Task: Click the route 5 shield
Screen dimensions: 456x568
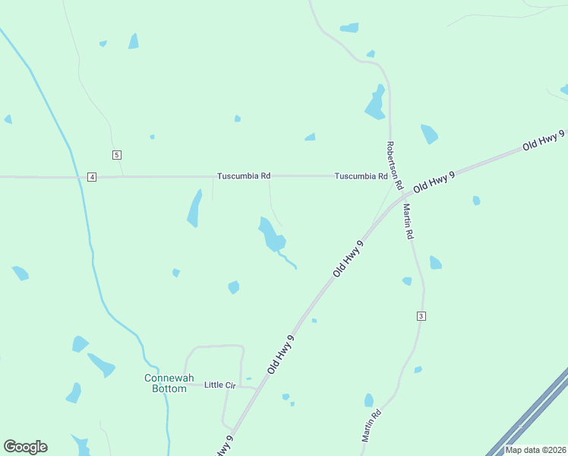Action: point(116,155)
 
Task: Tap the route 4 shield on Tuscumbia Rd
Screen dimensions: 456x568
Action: point(92,177)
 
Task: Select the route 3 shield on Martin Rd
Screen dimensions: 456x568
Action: point(421,315)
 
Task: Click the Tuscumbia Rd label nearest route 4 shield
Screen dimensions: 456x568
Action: point(244,176)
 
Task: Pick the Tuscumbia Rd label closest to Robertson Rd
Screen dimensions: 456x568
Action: point(361,176)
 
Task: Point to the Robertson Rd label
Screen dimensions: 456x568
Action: point(393,165)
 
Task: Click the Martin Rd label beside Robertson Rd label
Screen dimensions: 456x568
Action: point(408,222)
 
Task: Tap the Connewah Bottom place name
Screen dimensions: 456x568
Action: point(166,383)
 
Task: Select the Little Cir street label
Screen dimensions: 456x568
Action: point(220,385)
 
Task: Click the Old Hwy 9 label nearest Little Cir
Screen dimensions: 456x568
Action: point(280,354)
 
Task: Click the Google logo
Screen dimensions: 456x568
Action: point(25,447)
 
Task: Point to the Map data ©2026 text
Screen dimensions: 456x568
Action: point(535,450)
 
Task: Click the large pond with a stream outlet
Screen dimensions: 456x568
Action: point(270,236)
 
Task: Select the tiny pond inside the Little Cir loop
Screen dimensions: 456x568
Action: point(248,378)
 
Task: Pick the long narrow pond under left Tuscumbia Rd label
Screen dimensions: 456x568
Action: point(194,208)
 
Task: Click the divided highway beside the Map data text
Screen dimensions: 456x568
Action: point(532,414)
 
